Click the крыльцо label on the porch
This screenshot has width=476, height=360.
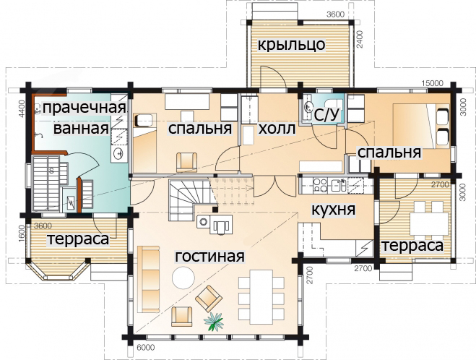[291, 45]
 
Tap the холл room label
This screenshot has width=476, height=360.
[277, 129]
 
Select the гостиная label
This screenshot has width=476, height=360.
[209, 257]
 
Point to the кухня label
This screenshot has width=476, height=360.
[333, 210]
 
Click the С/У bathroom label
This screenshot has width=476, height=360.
[326, 115]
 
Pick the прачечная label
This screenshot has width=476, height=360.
[84, 108]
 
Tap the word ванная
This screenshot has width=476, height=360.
[81, 128]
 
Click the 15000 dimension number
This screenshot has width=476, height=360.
[432, 83]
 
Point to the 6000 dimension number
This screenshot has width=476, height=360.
[146, 348]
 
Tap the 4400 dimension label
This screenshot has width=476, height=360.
[21, 109]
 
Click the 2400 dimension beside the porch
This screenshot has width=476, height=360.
[360, 39]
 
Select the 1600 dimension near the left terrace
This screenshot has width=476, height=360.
[22, 233]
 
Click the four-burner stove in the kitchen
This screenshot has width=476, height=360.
[320, 185]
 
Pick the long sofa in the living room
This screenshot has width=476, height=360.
[149, 279]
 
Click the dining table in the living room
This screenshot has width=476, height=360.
[261, 297]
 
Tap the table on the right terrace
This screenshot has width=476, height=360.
[429, 223]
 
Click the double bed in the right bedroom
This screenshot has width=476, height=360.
[421, 126]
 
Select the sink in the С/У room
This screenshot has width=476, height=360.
[308, 106]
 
